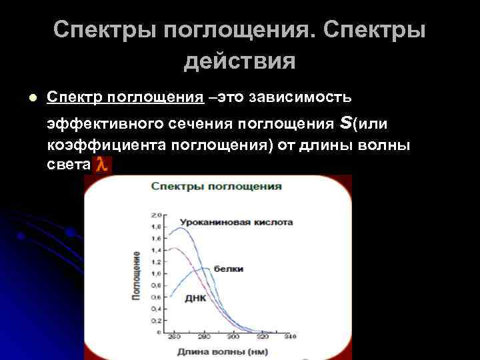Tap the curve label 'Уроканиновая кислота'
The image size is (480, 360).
click(235, 221)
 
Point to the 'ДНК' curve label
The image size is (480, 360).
click(195, 299)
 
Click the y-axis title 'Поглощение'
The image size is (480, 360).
click(136, 275)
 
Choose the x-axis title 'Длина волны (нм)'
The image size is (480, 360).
click(214, 351)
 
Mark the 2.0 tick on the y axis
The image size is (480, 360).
click(157, 216)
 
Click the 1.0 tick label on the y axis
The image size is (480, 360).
click(157, 273)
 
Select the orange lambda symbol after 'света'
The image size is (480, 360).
click(101, 165)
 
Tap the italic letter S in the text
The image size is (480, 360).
click(345, 123)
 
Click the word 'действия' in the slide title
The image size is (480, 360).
click(239, 61)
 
